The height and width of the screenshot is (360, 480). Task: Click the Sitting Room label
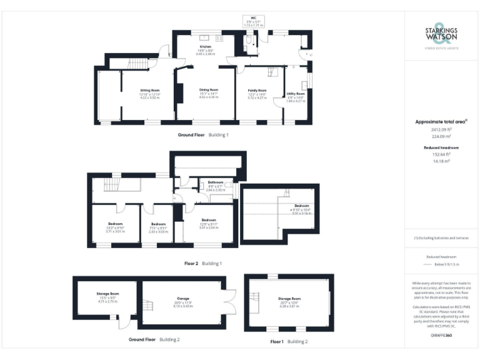(x=149, y=91)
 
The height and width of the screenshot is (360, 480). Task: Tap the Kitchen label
(x=206, y=47)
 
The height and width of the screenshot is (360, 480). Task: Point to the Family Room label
(x=257, y=91)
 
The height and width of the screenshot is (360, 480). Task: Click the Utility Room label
(x=296, y=94)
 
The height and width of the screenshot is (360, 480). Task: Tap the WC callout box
(x=253, y=21)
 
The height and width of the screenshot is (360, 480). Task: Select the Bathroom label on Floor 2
(x=216, y=182)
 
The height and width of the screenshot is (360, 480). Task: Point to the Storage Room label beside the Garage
(x=107, y=293)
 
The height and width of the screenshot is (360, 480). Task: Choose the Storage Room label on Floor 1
(x=289, y=299)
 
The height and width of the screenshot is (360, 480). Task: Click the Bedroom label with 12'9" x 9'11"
(x=209, y=220)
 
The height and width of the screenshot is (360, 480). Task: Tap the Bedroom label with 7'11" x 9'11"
(x=158, y=224)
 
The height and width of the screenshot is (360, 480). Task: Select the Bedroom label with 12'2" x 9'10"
(x=116, y=224)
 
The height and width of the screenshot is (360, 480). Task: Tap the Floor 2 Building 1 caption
(x=202, y=264)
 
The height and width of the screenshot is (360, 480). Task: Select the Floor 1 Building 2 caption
(x=289, y=342)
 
